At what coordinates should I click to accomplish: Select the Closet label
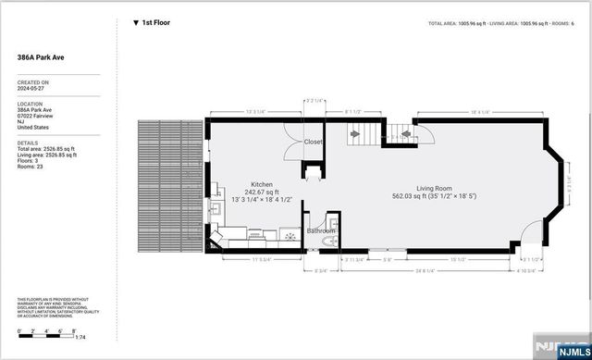tap(314, 142)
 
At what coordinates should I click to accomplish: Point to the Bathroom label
tap(321, 230)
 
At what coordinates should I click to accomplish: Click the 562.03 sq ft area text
tap(413, 195)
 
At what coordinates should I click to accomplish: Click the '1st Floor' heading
tap(156, 22)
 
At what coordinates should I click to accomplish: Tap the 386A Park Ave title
tap(40, 56)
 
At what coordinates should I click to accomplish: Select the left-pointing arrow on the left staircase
tap(354, 135)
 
